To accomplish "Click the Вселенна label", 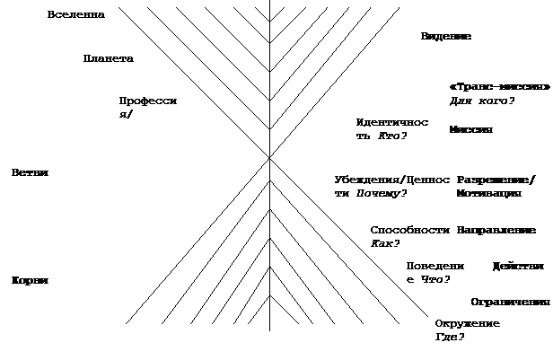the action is click(x=80, y=15).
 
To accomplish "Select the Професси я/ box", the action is click(x=151, y=109).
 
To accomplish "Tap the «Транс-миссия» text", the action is click(x=499, y=86).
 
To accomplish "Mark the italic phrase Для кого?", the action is click(x=482, y=101).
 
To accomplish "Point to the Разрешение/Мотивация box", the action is click(x=498, y=187).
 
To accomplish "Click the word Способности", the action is click(x=409, y=230).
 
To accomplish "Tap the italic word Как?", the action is click(x=385, y=243).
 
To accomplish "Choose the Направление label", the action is click(x=496, y=231).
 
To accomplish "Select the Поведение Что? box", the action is click(x=435, y=273).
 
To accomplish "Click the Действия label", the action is click(x=519, y=267).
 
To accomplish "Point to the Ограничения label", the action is click(x=510, y=302).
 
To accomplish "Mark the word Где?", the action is click(x=450, y=338).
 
